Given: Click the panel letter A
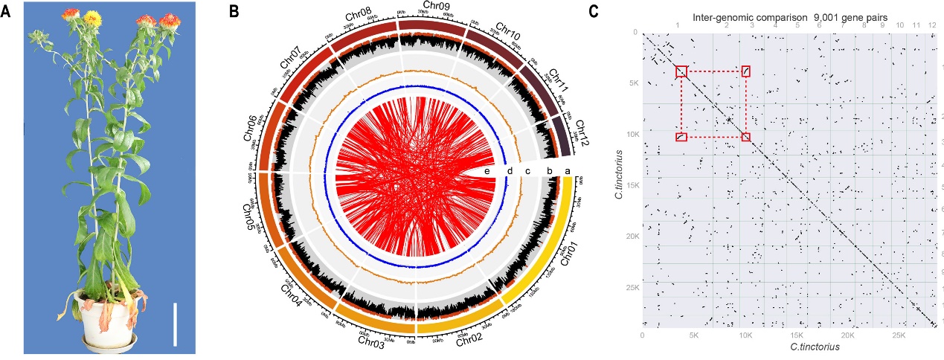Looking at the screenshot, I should [x=7, y=13].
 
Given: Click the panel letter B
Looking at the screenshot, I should [x=233, y=12].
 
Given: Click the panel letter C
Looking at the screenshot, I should [x=593, y=12].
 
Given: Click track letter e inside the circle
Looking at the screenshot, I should [x=487, y=171].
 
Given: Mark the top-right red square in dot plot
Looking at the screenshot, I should [x=745, y=71].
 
